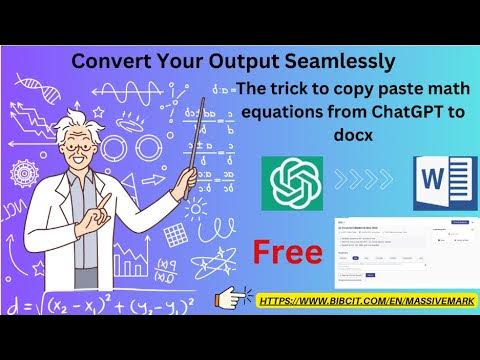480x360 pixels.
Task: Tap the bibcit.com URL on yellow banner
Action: [x=364, y=299]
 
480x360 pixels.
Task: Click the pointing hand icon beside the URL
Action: [x=236, y=297]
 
